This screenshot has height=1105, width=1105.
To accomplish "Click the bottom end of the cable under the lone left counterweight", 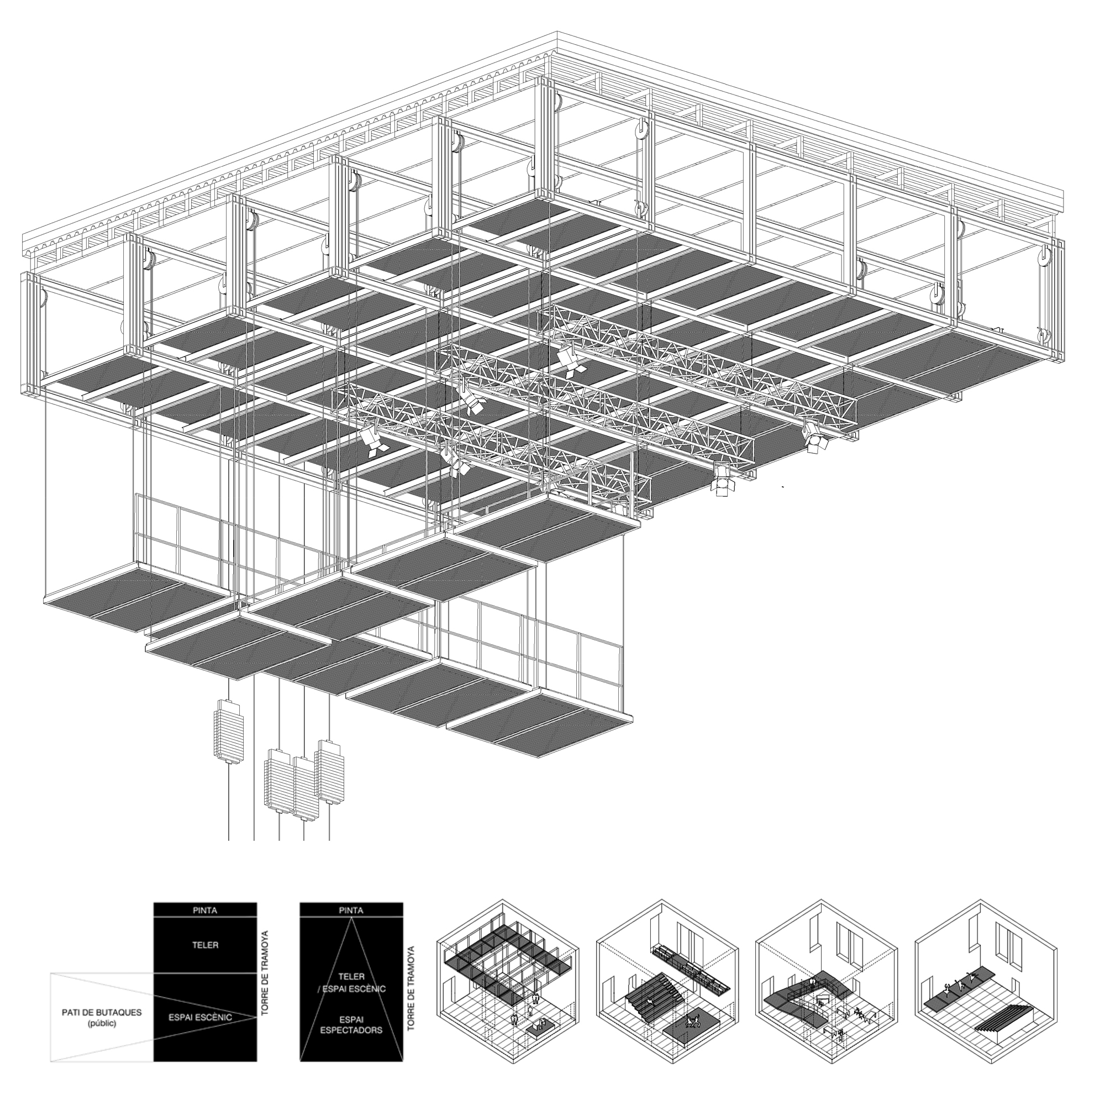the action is tap(229, 840).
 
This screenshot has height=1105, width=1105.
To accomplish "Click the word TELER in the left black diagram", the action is tap(206, 945).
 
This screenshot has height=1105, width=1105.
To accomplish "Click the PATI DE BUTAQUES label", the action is tap(102, 1013).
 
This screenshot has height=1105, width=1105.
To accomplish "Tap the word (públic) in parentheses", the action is tap(102, 1024).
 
